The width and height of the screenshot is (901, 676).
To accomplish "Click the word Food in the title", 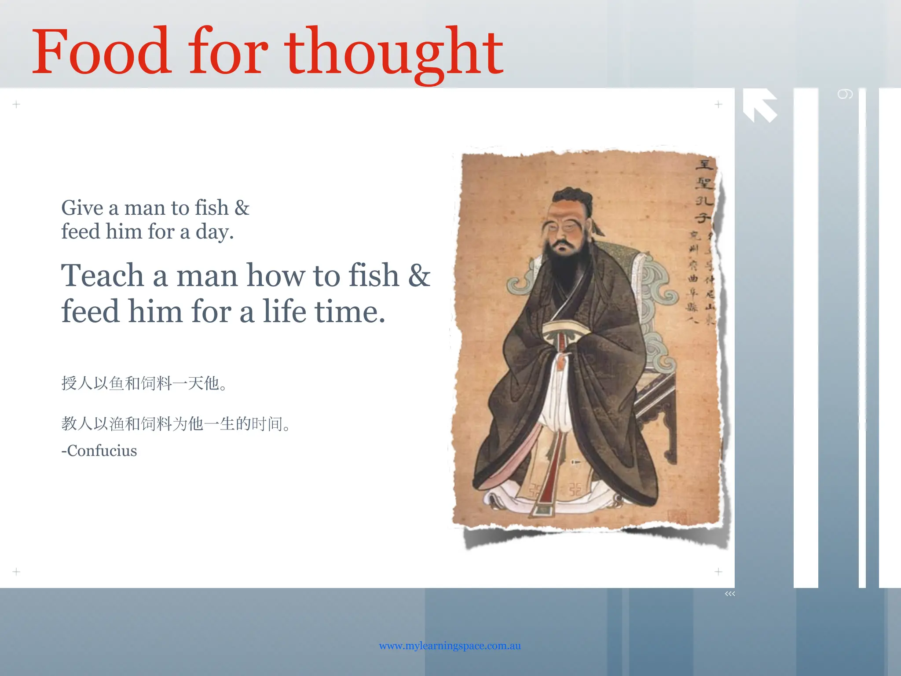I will [x=101, y=52].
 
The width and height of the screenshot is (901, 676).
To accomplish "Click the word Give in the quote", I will [x=88, y=208].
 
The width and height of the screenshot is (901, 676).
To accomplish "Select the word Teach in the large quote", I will [x=103, y=276].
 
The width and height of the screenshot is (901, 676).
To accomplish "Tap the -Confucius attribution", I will [x=99, y=451].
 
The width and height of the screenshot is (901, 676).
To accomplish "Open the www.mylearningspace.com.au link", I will [x=450, y=646].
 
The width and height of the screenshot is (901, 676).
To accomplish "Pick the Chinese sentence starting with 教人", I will [x=176, y=423].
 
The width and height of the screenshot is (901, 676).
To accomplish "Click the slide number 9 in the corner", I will [x=845, y=94].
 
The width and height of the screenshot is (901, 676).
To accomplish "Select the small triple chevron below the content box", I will [x=730, y=594].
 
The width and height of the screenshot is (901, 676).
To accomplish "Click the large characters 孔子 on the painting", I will [x=703, y=209].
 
